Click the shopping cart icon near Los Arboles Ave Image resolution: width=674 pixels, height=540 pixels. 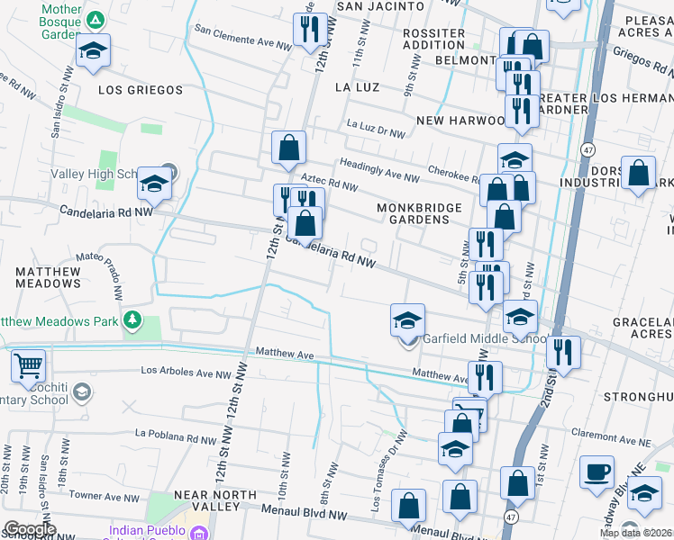point(29,365)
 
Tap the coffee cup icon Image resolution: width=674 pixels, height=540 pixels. point(596,472)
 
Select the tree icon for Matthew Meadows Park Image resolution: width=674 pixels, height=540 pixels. point(133,319)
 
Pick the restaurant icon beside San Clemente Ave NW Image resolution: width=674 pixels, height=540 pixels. point(308,30)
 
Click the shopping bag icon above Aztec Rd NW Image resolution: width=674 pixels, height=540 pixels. point(289,147)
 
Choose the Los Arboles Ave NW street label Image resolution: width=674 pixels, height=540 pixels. point(187,372)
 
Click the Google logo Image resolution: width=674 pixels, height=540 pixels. point(29,529)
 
